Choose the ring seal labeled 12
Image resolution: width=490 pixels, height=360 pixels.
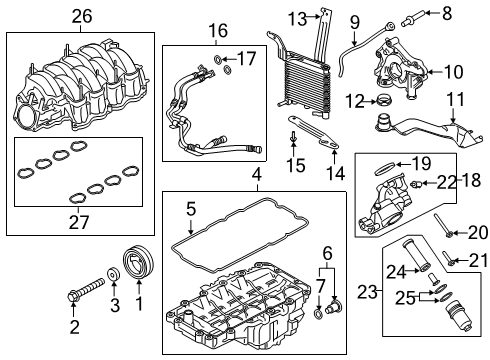click(381, 101)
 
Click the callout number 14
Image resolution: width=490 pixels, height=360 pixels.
click(337, 172)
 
